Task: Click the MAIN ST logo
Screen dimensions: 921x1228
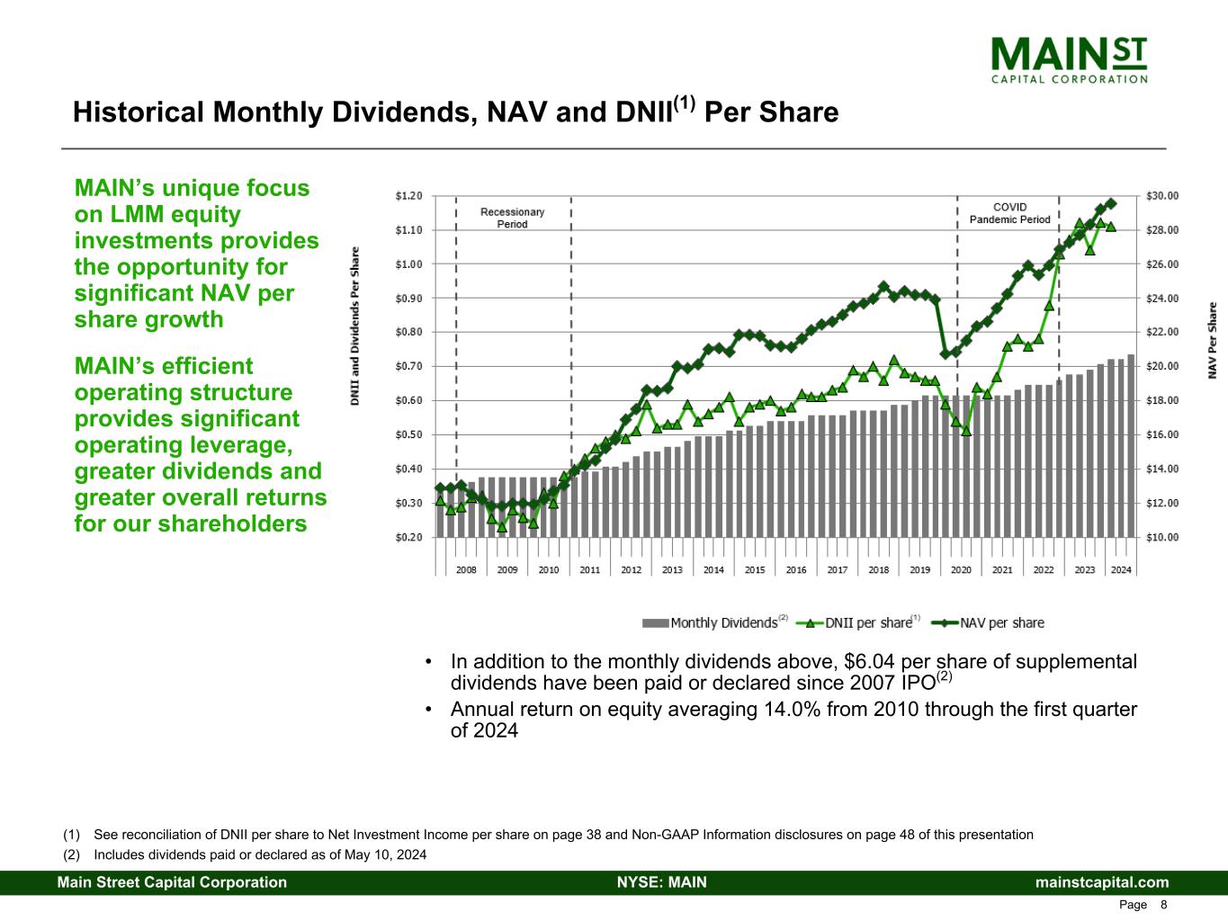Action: [1069, 58]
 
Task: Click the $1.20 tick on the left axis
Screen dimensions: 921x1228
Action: [408, 195]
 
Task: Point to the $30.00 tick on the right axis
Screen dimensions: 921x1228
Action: [1161, 195]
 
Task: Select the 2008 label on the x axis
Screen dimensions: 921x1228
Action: [466, 570]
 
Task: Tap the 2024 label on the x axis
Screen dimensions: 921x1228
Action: [1121, 570]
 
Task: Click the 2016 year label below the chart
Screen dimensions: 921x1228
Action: [796, 570]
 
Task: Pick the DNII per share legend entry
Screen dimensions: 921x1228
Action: [861, 622]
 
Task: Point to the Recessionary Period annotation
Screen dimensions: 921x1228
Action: [513, 218]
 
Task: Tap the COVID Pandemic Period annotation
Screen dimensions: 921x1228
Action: [1009, 213]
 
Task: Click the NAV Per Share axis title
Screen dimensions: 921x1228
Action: [1213, 340]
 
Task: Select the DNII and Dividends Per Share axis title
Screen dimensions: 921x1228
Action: [355, 326]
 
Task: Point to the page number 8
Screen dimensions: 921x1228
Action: [1164, 905]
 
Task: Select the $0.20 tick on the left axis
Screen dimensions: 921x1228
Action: [408, 537]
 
